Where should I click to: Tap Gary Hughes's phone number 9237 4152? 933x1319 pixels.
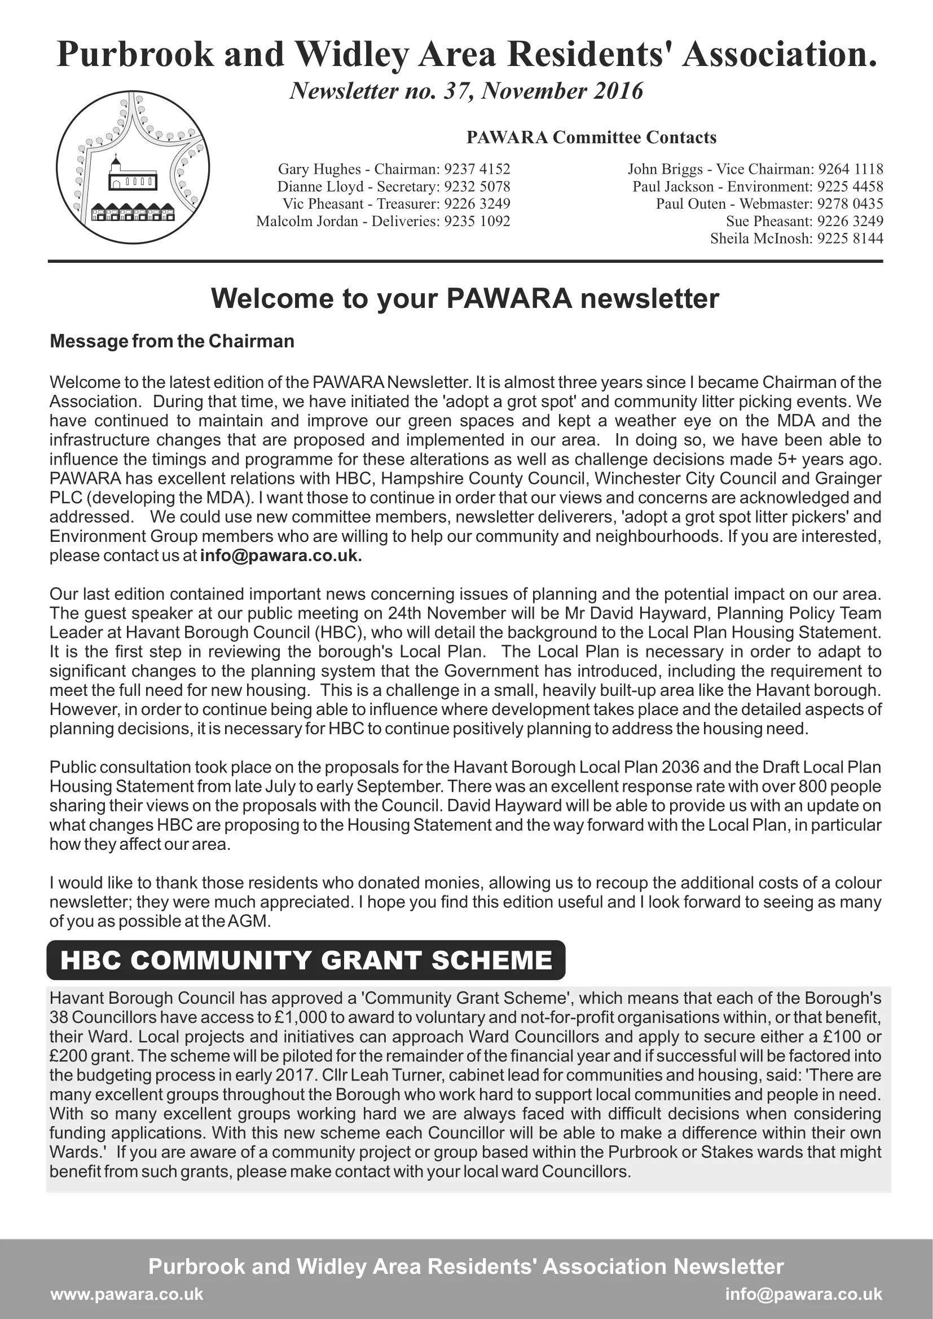point(477,169)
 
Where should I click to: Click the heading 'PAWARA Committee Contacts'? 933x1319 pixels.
point(591,138)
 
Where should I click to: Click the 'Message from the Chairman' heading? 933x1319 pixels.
point(172,341)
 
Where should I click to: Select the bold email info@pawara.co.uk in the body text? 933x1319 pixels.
point(281,556)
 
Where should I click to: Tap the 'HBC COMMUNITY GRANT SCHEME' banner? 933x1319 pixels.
point(306,960)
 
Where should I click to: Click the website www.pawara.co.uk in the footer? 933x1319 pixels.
point(127,1294)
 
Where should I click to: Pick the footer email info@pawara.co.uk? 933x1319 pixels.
point(803,1294)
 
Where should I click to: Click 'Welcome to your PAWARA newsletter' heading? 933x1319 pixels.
point(465,299)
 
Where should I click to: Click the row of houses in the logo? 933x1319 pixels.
point(133,212)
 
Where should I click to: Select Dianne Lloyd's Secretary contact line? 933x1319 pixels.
point(394,187)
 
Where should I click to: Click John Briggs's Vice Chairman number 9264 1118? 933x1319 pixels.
point(851,169)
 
